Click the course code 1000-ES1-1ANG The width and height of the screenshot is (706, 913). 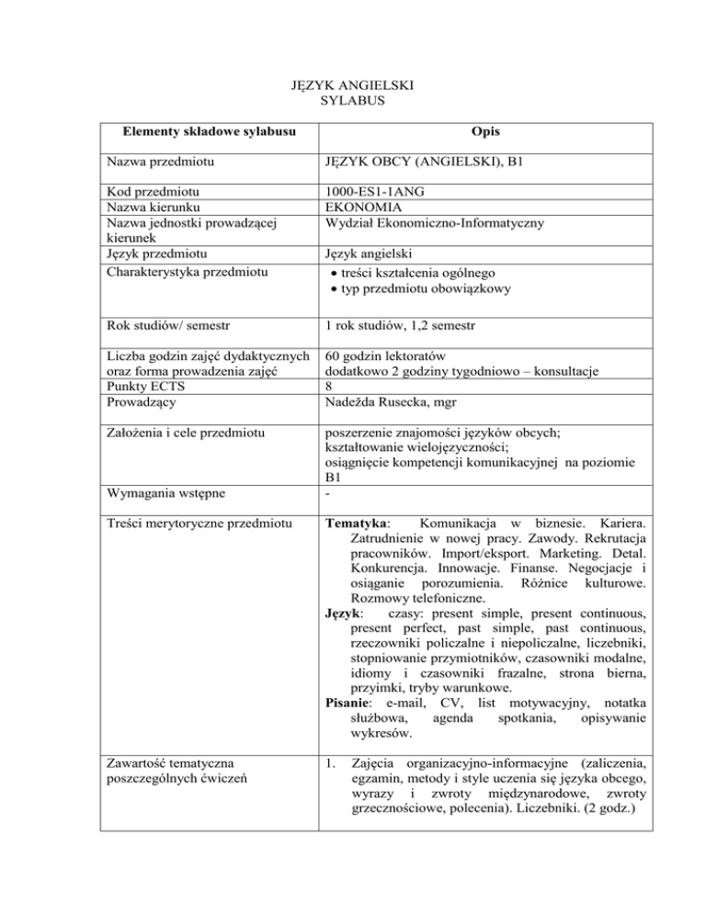pos(379,191)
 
